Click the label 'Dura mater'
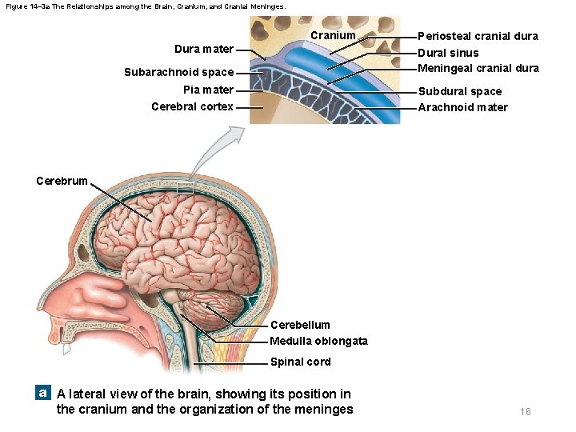(x=204, y=50)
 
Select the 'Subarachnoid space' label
(x=178, y=72)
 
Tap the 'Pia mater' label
(x=208, y=90)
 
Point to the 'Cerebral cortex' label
(x=192, y=106)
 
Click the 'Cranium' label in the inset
(x=333, y=35)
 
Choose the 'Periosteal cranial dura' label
(x=478, y=36)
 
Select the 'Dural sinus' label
(x=448, y=53)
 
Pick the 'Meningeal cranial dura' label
(x=478, y=68)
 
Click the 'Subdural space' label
(x=460, y=91)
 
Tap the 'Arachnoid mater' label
(x=462, y=107)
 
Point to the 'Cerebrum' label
(x=62, y=180)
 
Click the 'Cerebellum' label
(x=300, y=325)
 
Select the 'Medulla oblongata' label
(x=318, y=341)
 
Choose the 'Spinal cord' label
(x=300, y=362)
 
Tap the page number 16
(x=525, y=411)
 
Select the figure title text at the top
(x=144, y=6)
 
